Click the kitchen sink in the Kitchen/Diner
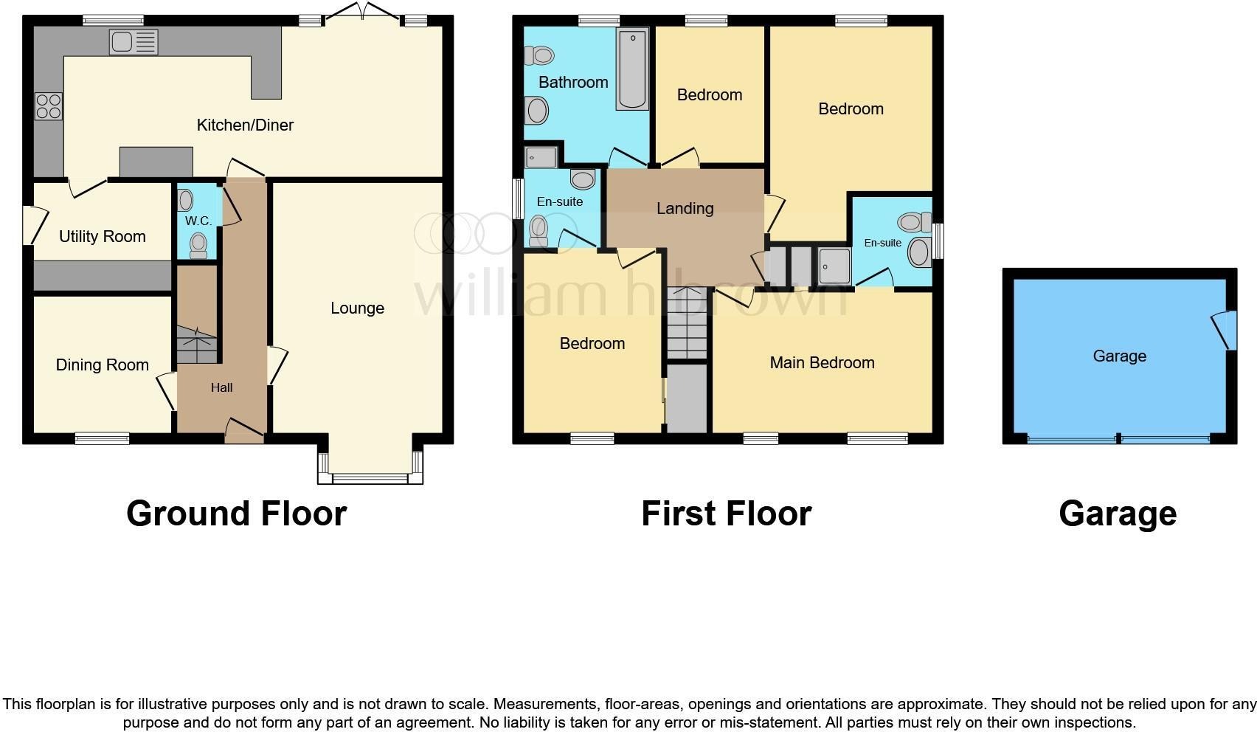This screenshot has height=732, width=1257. [x=134, y=42]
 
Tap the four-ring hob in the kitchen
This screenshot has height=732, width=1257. [x=49, y=106]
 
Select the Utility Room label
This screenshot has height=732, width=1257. [x=103, y=237]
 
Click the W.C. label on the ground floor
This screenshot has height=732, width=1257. [x=198, y=221]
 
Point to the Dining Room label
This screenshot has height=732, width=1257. [x=103, y=365]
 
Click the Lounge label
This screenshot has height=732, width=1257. [x=357, y=308]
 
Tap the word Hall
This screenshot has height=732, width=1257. [x=221, y=387]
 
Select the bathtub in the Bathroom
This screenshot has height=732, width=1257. [x=633, y=69]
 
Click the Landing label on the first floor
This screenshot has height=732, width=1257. [x=685, y=209]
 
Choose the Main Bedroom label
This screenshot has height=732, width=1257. [x=822, y=363]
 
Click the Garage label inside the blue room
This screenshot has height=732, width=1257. [x=1119, y=356]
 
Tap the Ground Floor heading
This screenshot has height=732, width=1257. [x=236, y=514]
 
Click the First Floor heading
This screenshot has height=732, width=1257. [x=726, y=514]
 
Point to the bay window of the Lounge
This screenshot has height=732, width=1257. [x=370, y=477]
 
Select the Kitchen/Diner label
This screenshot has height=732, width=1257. [x=245, y=125]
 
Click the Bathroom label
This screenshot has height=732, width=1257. [x=573, y=82]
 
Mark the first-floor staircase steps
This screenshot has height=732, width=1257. [x=687, y=323]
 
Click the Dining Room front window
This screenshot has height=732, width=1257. [x=102, y=439]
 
